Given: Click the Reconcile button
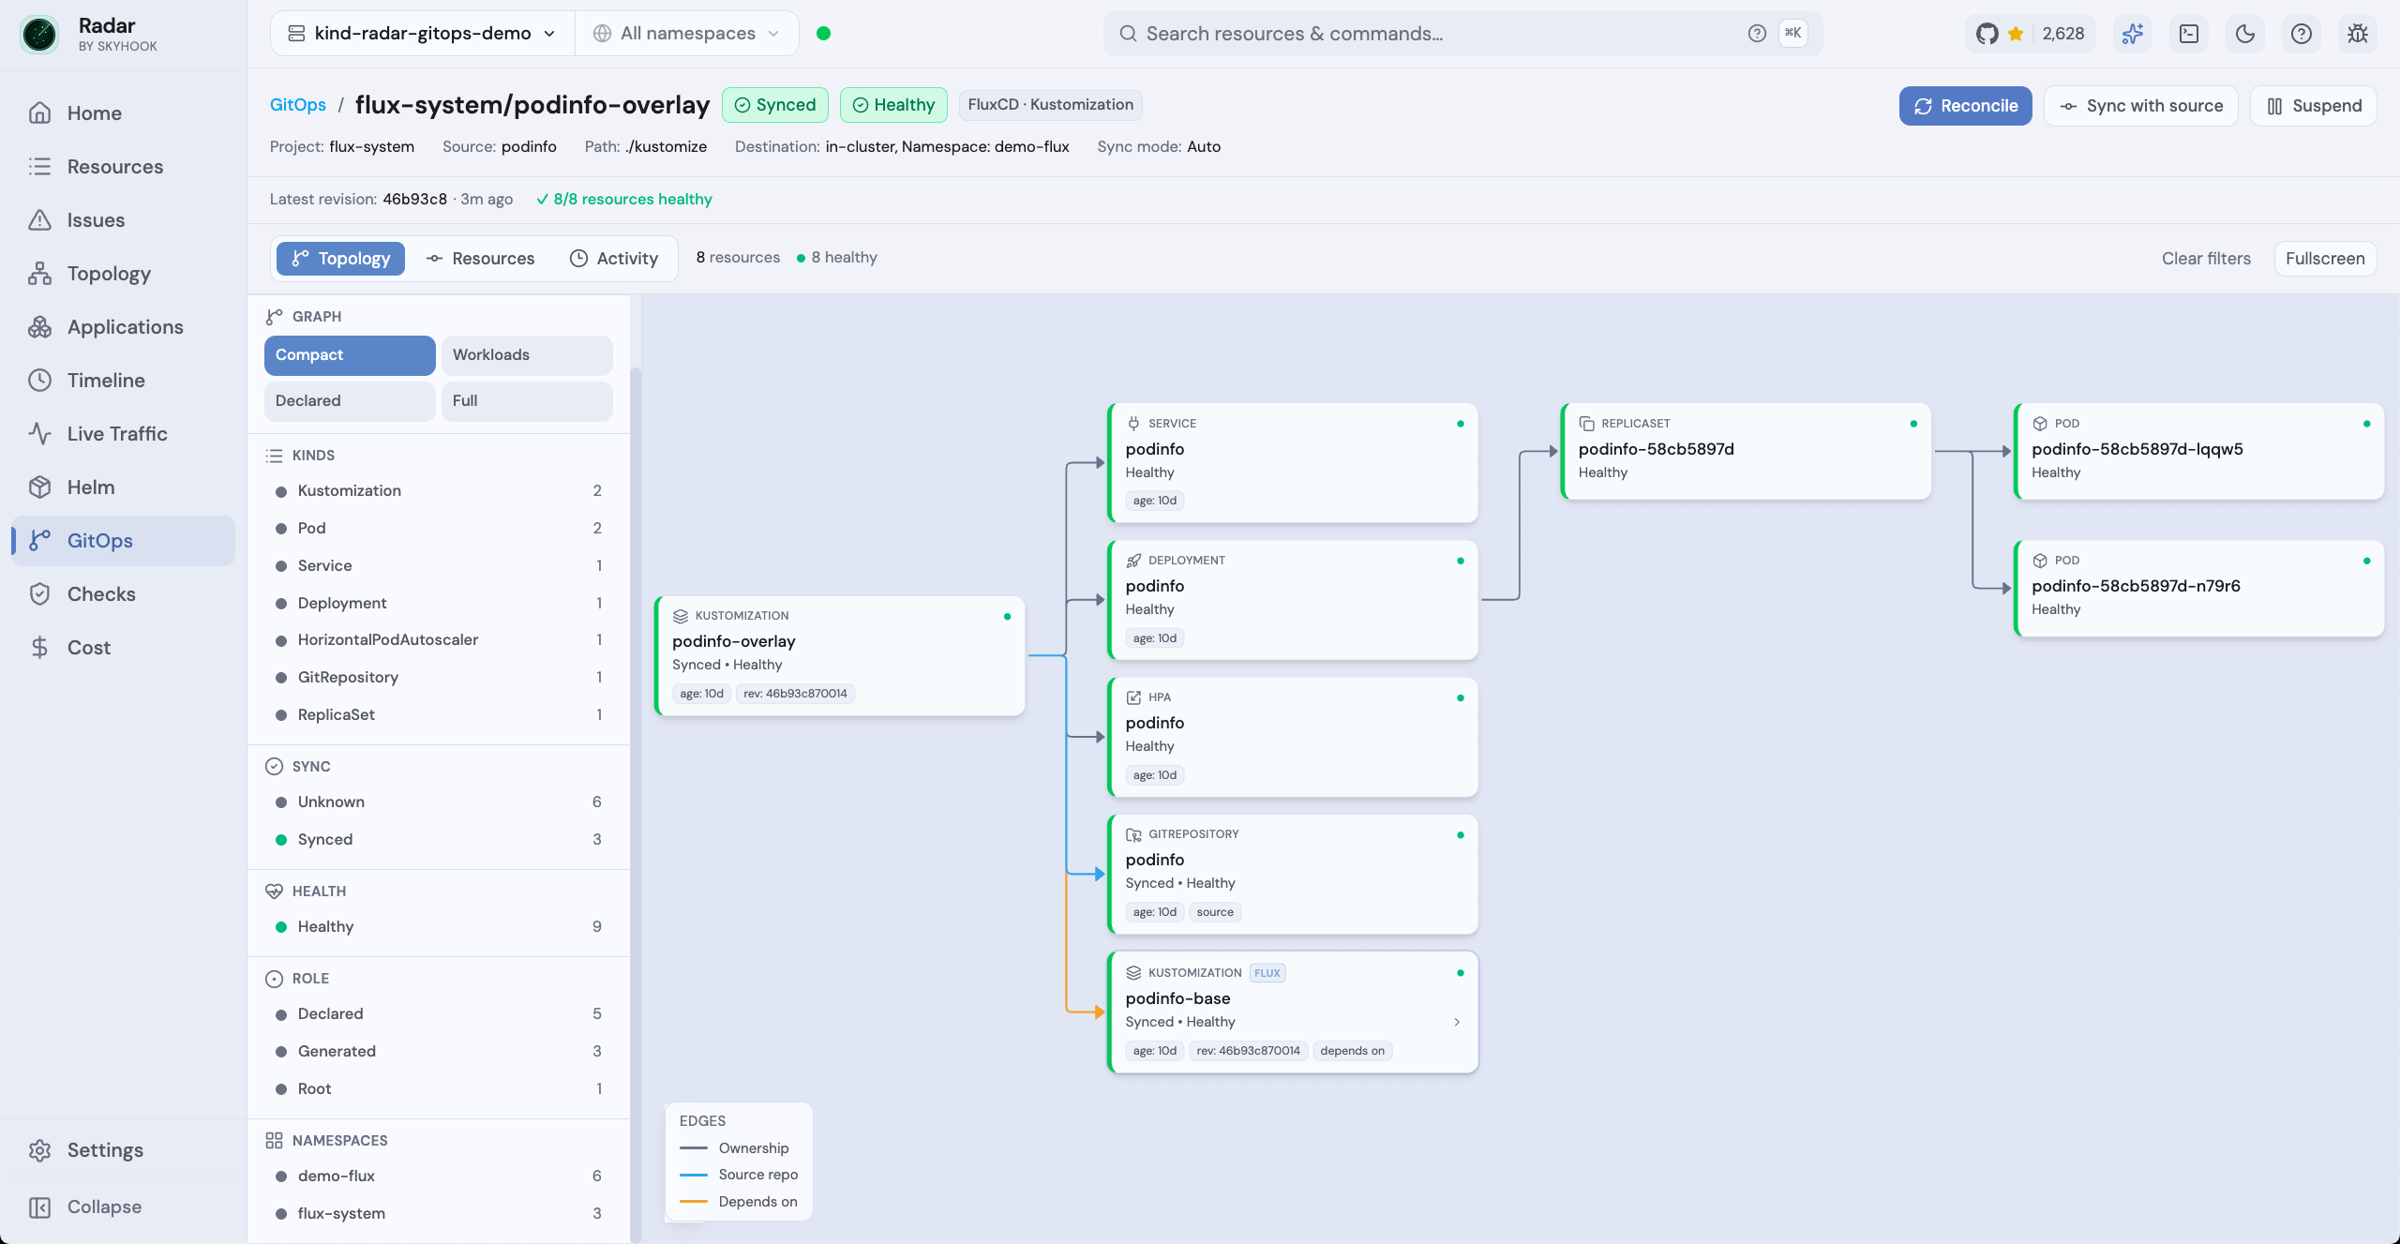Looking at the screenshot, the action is (x=1965, y=106).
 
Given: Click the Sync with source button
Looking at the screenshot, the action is (x=2140, y=106).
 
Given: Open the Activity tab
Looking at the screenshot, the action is (x=614, y=259).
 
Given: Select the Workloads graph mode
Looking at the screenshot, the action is (x=527, y=355).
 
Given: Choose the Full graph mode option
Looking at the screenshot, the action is (x=527, y=401).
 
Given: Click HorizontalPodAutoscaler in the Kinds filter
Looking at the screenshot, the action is (x=388, y=639).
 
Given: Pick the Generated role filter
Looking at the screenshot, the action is (x=337, y=1051).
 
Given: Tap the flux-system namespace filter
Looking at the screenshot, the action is (x=341, y=1213).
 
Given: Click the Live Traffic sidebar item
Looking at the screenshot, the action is (x=117, y=434).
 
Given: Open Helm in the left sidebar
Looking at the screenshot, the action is (x=91, y=487).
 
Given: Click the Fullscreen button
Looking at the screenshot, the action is (x=2325, y=259).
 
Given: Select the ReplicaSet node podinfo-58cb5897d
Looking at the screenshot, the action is (x=1746, y=451).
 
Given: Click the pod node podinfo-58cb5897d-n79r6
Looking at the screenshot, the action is (x=2198, y=588).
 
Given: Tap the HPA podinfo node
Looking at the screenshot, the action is (x=1293, y=737).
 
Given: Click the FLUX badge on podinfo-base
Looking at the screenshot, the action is (x=1267, y=973).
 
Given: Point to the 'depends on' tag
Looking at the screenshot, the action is (x=1352, y=1051).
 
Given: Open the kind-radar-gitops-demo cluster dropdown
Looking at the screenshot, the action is (x=423, y=34).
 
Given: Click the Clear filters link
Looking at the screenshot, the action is (x=2206, y=259).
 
